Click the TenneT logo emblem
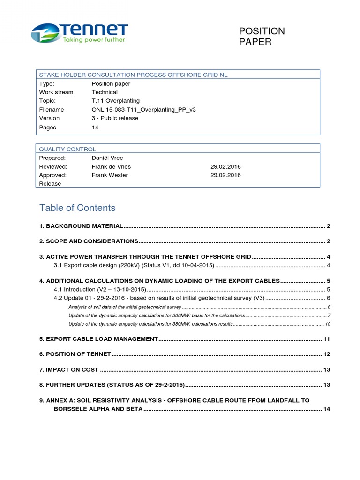(x=45, y=34)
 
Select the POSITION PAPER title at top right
(x=261, y=37)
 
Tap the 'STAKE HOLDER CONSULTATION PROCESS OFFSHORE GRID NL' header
(x=133, y=75)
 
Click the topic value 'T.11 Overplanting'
(x=115, y=101)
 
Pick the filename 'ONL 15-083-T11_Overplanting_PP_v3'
(x=143, y=110)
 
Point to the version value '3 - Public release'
(x=115, y=118)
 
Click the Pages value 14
(x=95, y=127)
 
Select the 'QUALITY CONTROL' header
(x=67, y=149)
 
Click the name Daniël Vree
(x=107, y=158)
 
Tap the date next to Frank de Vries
(x=225, y=167)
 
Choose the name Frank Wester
(x=110, y=175)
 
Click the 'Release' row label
(x=50, y=184)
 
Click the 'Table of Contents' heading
(x=77, y=208)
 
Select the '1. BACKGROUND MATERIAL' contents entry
(x=82, y=226)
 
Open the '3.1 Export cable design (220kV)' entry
(x=134, y=265)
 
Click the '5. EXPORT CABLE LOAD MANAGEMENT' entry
(x=99, y=339)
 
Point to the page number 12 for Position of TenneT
(x=327, y=354)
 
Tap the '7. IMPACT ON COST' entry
(x=69, y=370)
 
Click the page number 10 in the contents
(x=328, y=324)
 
